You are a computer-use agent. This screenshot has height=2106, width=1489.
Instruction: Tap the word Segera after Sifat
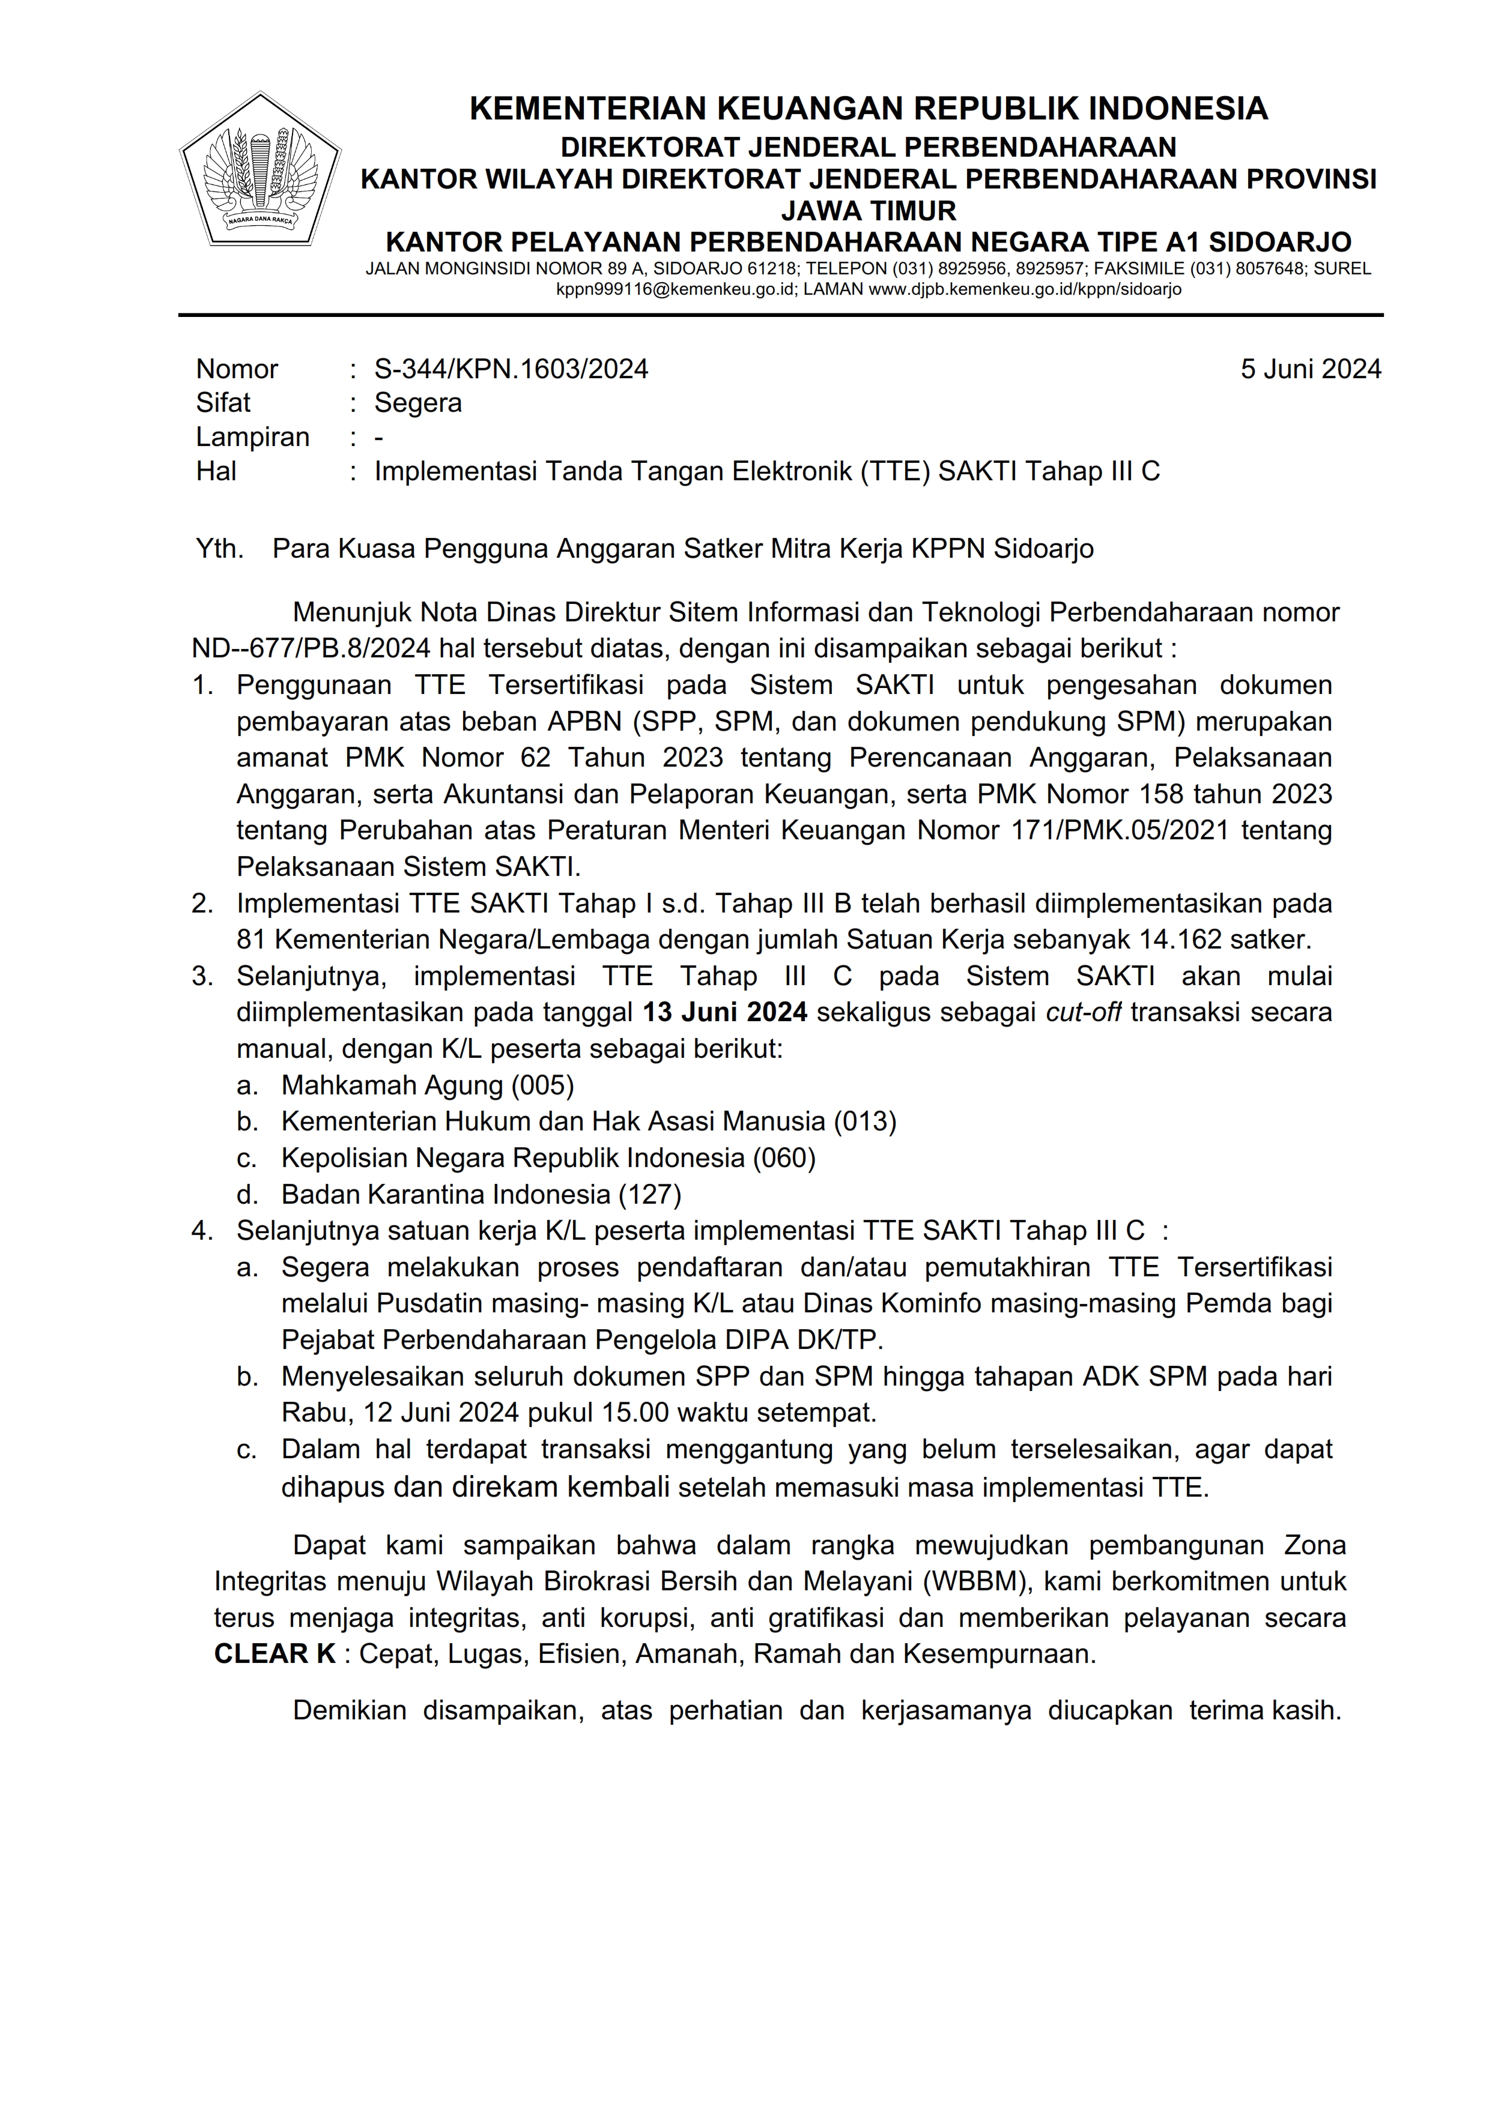click(417, 403)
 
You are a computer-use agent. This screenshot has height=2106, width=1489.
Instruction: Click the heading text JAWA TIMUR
click(868, 211)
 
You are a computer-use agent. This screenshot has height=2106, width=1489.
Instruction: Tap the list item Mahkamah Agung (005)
click(428, 1085)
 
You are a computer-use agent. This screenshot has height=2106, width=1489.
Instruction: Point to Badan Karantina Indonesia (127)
click(481, 1194)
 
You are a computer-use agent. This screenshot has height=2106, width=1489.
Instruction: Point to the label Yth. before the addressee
click(219, 549)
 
